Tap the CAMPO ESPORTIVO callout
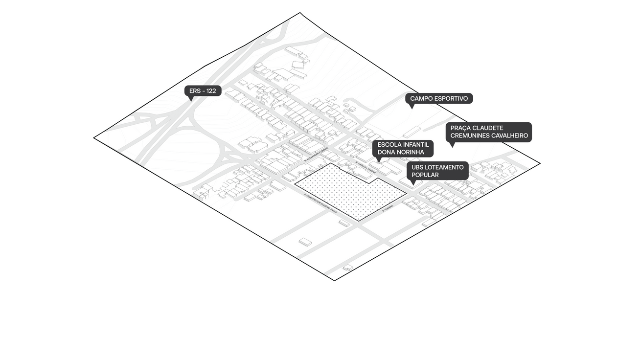[439, 98]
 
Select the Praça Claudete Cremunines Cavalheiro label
[489, 132]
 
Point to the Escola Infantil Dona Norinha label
[403, 149]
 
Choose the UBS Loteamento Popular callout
[437, 171]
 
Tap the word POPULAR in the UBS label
[425, 175]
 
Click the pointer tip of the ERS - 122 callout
[190, 100]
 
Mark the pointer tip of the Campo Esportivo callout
[412, 108]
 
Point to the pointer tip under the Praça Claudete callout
[452, 146]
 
